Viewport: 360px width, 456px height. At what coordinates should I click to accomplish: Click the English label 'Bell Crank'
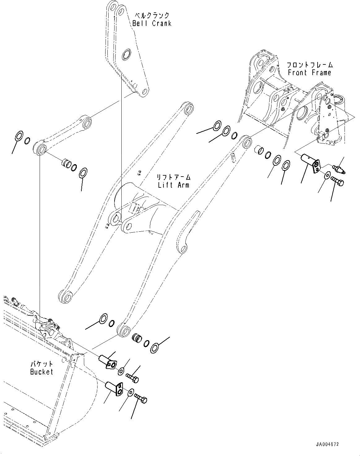coord(152,23)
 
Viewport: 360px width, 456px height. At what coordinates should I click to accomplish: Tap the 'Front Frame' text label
coord(309,72)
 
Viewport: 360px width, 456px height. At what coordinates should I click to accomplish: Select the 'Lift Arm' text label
coord(173,185)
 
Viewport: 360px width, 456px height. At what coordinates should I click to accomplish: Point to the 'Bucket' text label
coord(42,372)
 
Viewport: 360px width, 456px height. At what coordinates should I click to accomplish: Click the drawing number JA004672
coord(327,444)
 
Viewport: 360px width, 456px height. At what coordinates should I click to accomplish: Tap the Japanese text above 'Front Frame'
coord(309,65)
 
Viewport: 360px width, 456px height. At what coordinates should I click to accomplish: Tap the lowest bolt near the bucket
coord(141,399)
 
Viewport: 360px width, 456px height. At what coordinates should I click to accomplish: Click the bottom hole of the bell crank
coord(144,92)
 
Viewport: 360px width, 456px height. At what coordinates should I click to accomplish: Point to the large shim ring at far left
coord(19,135)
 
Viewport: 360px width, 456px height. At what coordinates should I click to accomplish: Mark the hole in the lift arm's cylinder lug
coord(183,248)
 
